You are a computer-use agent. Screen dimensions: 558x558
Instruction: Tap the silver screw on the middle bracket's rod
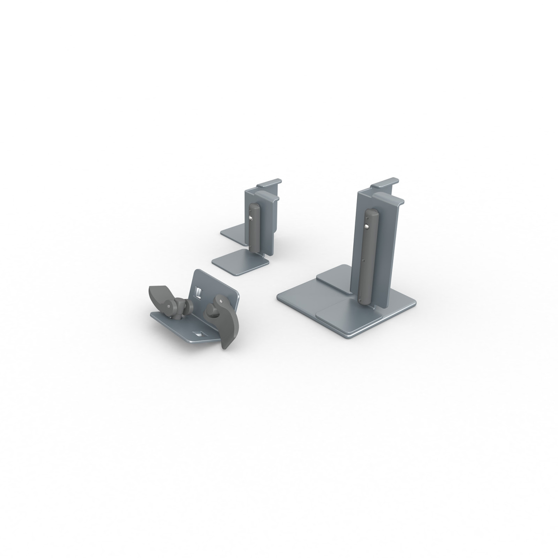click(250, 219)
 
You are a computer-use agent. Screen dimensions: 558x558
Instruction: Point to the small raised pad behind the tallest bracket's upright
click(333, 281)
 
